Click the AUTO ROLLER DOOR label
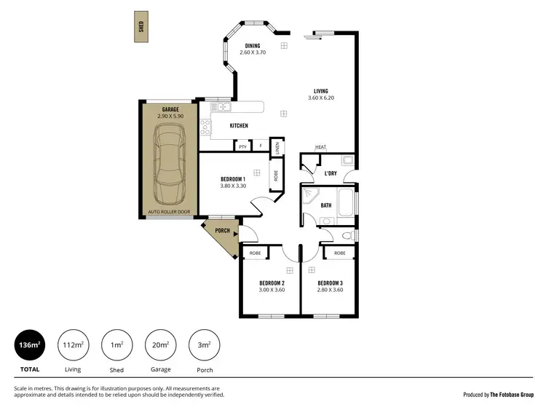(170, 213)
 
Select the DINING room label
(253, 46)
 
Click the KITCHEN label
(239, 126)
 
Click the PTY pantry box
(242, 146)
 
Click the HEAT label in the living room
(320, 148)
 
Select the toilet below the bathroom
(346, 235)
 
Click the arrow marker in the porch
(235, 233)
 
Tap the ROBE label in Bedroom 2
(256, 253)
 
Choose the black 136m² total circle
(30, 345)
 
